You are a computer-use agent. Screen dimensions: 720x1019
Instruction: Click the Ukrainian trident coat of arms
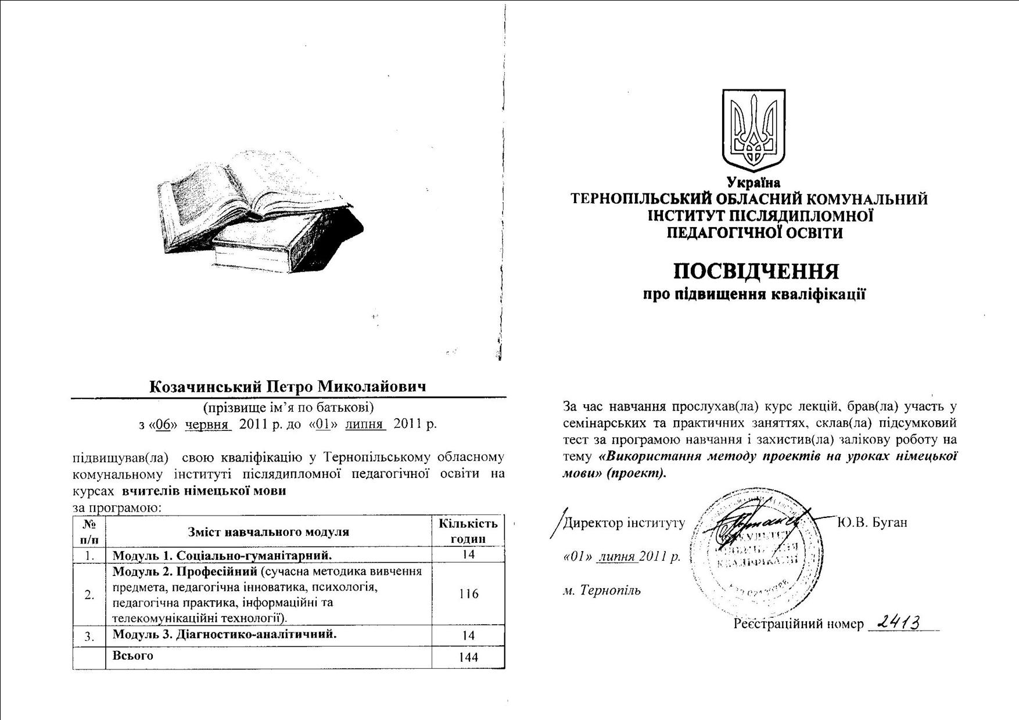tap(754, 131)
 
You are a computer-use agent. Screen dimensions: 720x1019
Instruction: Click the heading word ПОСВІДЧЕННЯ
tap(756, 272)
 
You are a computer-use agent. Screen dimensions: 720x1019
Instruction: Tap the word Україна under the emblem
tap(754, 183)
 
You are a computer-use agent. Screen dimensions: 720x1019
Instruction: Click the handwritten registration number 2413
tap(899, 622)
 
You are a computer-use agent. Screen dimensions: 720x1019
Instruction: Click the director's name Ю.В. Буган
tap(872, 523)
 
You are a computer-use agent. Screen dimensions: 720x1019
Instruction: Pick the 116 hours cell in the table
tap(468, 594)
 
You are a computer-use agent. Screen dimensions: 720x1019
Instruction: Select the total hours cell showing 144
tap(468, 657)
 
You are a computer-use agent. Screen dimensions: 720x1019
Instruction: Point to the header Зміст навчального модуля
tap(268, 532)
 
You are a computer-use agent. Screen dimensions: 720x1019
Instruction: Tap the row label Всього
tap(133, 656)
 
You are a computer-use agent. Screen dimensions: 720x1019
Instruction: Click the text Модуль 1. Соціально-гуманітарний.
tap(222, 555)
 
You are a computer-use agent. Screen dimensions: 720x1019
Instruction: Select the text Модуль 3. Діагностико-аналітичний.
tap(224, 633)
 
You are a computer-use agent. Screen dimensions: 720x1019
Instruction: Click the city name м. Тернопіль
tap(602, 591)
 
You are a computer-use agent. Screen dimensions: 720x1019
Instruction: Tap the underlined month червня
tap(208, 424)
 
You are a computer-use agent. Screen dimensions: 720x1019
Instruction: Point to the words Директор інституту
tap(624, 523)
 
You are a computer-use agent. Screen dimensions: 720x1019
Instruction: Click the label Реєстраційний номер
tap(798, 624)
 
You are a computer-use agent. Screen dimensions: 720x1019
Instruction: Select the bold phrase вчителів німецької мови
tap(204, 491)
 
